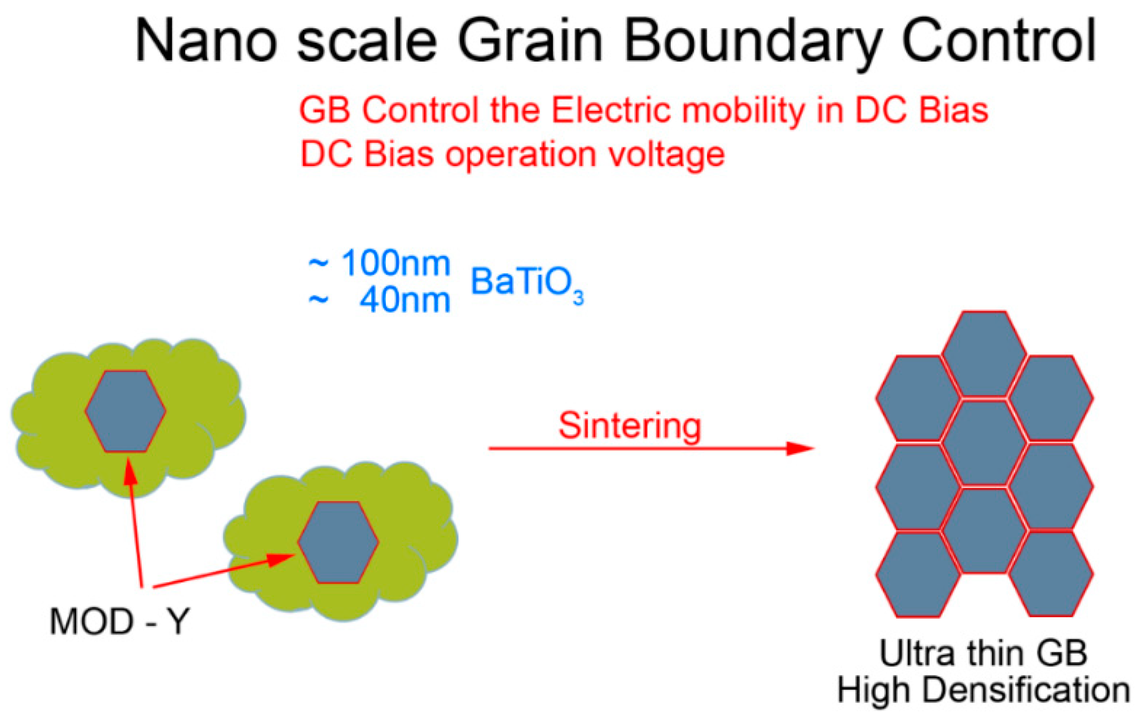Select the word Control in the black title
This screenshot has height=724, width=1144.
point(999,41)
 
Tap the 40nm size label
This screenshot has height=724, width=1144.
point(405,301)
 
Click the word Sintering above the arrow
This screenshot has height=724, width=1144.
point(630,426)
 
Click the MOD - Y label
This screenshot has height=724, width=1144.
point(119,621)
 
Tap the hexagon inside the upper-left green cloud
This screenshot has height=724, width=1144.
point(126,412)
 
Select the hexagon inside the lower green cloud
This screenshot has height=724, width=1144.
point(338,542)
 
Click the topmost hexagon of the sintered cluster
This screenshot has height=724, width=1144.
point(984,353)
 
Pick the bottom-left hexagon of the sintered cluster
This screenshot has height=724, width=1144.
point(918,574)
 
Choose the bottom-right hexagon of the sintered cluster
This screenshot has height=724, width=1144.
point(1051,574)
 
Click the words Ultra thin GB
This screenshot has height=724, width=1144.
point(983,653)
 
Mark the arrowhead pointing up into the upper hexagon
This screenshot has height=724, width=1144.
point(130,471)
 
